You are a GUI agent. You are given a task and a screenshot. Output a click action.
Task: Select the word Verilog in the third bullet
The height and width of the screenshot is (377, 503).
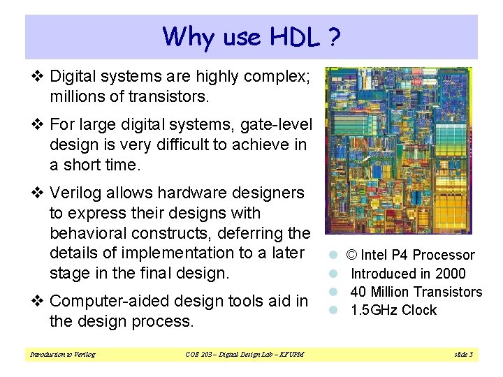pyautogui.click(x=75, y=193)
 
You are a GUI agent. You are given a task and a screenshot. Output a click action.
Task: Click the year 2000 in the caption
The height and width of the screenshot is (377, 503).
pyautogui.click(x=451, y=274)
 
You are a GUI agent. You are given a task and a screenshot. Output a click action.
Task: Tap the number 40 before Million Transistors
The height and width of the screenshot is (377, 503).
pyautogui.click(x=358, y=292)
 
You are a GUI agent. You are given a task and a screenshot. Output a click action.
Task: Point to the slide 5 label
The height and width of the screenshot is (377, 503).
pyautogui.click(x=463, y=355)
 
